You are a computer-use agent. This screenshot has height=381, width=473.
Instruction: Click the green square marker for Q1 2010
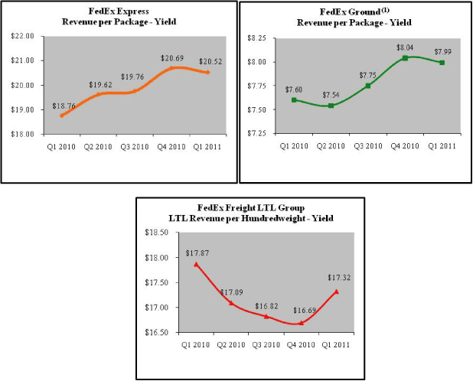tap(295, 100)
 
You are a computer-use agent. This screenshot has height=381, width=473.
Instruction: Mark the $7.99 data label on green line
tap(442, 52)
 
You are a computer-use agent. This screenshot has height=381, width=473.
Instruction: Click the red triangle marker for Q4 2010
tap(301, 323)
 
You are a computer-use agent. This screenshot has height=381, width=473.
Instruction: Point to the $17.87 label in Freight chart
tap(196, 253)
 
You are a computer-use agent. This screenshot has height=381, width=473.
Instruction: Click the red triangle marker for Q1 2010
tap(196, 264)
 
